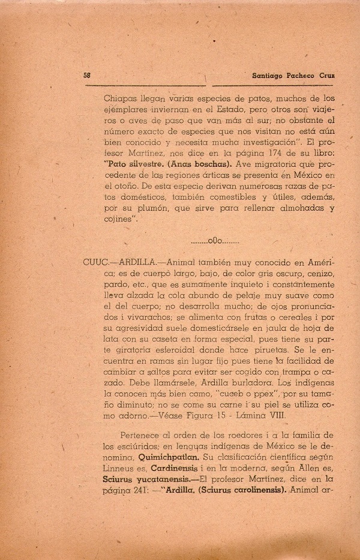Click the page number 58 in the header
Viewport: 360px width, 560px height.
click(87, 76)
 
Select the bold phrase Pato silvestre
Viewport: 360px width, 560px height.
click(136, 163)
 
